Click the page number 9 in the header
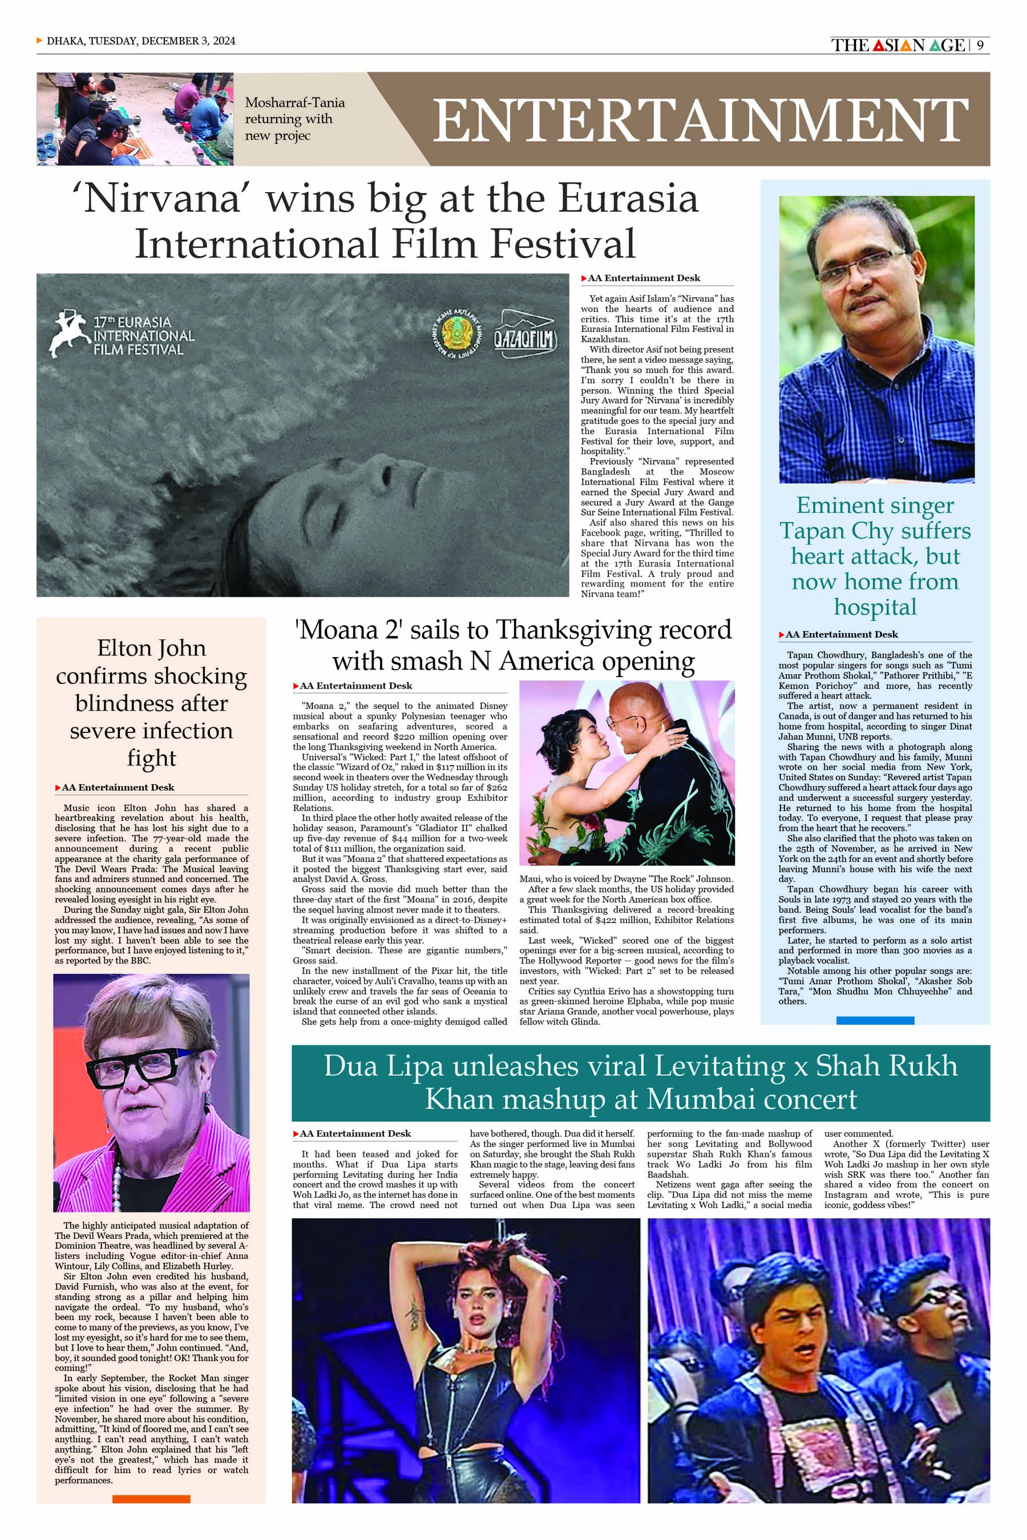(980, 45)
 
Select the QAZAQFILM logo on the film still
(525, 335)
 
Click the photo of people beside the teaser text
(135, 119)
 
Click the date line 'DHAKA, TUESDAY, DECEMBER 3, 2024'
(141, 40)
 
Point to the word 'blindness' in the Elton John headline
(151, 703)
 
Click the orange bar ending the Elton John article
(151, 1499)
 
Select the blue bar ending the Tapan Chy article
(875, 1021)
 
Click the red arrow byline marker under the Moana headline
(296, 686)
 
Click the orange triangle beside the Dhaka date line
(40, 40)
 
